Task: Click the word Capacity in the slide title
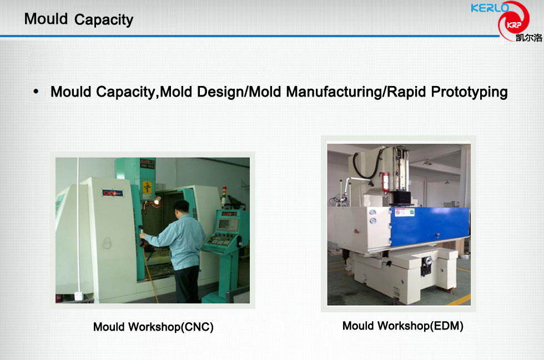(x=104, y=20)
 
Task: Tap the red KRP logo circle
(x=514, y=22)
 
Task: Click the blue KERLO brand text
(x=490, y=8)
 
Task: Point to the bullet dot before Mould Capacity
(x=36, y=92)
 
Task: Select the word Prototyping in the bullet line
(x=469, y=92)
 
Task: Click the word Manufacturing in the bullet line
(x=334, y=92)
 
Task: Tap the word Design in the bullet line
(x=220, y=92)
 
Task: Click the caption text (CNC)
(x=197, y=327)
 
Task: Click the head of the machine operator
(x=181, y=209)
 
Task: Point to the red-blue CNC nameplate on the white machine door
(x=112, y=193)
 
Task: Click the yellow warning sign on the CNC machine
(x=148, y=187)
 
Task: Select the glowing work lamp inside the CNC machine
(x=158, y=200)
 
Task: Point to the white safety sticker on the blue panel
(x=405, y=212)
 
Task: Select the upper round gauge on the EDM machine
(x=372, y=212)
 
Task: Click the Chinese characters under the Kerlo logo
(x=528, y=38)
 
